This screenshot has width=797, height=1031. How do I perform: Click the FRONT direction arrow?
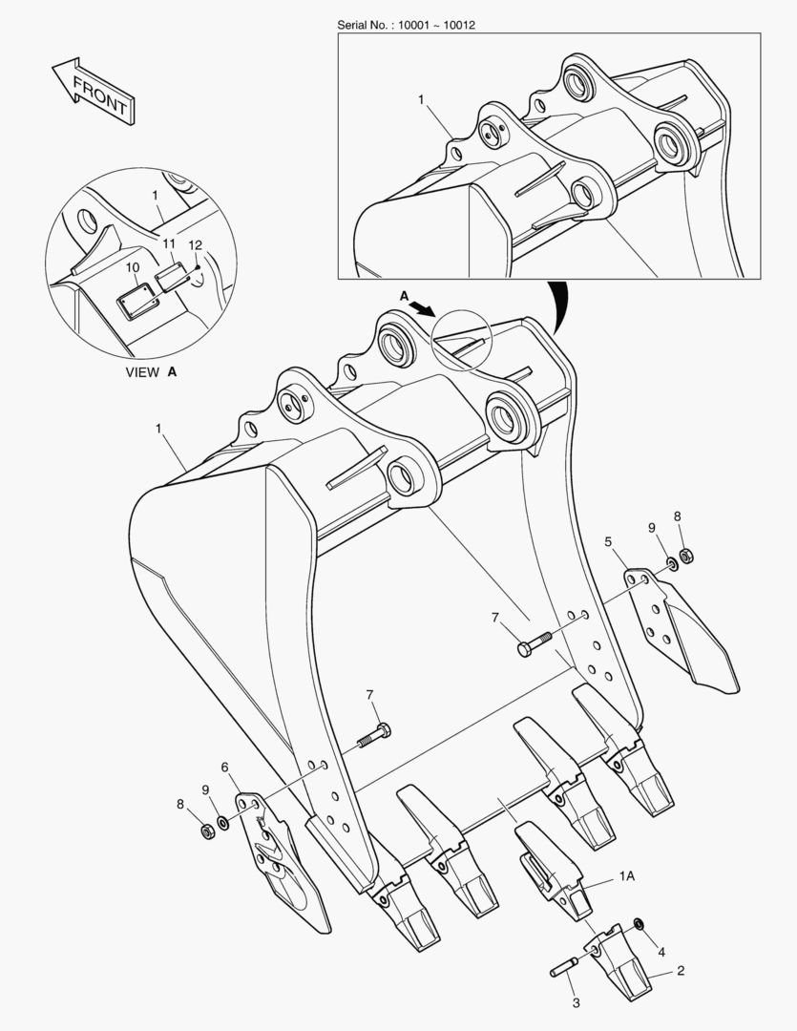click(94, 91)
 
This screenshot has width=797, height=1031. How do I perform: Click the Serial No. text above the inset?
click(406, 25)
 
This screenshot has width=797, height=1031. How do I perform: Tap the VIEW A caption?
click(151, 372)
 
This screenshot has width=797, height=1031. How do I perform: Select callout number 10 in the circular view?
click(132, 267)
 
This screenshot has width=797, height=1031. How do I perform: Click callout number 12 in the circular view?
click(196, 245)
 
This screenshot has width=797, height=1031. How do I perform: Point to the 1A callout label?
click(627, 875)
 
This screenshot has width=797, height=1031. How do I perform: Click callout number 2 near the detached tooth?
click(681, 971)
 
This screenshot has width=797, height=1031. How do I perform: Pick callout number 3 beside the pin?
click(577, 1003)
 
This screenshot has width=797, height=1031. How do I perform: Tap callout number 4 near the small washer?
click(661, 952)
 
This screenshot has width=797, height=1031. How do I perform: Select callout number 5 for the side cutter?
click(608, 542)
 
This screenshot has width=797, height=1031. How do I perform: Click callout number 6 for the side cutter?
click(225, 768)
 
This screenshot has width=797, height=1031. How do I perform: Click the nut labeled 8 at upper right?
click(686, 556)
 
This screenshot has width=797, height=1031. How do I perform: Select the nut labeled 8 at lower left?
click(207, 831)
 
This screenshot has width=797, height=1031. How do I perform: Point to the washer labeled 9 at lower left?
click(223, 822)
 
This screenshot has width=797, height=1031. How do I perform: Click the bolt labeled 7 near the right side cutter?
click(535, 643)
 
